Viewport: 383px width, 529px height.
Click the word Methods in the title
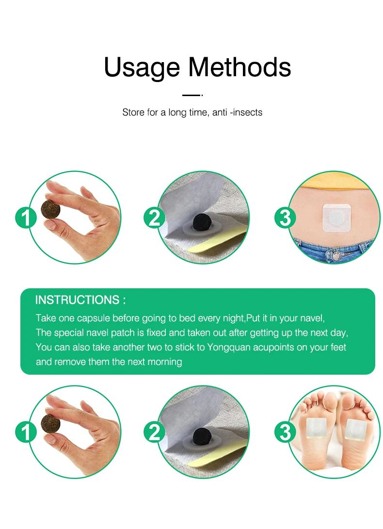[x=239, y=67]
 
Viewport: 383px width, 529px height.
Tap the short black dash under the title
[x=191, y=95]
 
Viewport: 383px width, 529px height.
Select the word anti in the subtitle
[x=220, y=112]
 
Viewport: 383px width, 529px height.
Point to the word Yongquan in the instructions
[x=228, y=347]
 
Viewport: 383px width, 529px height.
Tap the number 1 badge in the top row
[x=26, y=217]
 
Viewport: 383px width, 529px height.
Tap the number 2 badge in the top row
[x=155, y=217]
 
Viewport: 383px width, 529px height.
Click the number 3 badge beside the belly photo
[x=285, y=217]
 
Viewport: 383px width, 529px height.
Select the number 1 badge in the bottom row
[x=26, y=432]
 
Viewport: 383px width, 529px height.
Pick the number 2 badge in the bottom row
[x=155, y=432]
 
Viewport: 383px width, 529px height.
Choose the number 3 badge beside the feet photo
[x=285, y=432]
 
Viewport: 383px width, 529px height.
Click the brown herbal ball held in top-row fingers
[x=50, y=209]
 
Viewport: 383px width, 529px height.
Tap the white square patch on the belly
[x=337, y=218]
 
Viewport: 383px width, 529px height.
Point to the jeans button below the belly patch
[x=336, y=256]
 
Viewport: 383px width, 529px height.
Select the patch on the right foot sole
[x=356, y=430]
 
